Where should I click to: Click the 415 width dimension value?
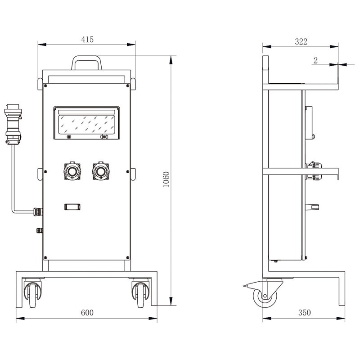click(87, 40)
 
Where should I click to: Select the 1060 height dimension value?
click(166, 179)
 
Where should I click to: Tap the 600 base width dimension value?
click(87, 312)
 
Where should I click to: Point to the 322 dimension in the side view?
click(301, 41)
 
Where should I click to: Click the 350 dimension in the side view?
click(305, 312)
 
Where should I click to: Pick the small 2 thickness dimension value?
click(315, 60)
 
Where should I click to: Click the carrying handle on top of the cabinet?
click(86, 63)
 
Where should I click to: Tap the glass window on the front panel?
click(86, 125)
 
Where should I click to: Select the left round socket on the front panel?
click(72, 171)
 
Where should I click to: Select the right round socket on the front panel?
click(100, 171)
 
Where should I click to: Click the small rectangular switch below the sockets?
click(72, 207)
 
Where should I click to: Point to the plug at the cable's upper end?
click(13, 124)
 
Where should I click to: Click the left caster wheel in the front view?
click(33, 292)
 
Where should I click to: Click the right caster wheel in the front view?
click(141, 292)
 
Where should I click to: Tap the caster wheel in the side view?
click(265, 297)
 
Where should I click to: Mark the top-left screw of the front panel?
click(45, 86)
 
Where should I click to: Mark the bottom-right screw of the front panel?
click(128, 257)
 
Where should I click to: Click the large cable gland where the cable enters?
click(38, 211)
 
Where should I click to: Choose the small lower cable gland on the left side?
click(40, 230)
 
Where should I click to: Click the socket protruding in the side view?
click(314, 171)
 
